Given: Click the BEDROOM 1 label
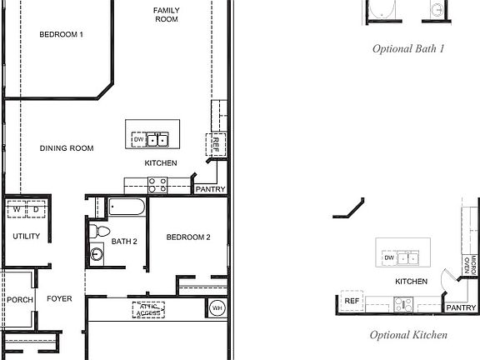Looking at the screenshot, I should [62, 34].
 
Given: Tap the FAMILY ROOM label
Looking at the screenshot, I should [166, 14].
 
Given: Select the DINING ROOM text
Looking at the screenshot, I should [66, 148].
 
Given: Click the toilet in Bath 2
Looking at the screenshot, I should [100, 230].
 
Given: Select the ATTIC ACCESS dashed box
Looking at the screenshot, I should [148, 310].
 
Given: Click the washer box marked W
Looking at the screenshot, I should [16, 209].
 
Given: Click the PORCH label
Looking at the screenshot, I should [19, 298].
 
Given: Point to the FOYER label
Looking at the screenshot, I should [59, 298].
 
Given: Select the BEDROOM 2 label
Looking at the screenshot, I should [187, 237].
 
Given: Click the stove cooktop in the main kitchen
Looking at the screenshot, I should [157, 186].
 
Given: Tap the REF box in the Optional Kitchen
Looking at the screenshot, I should [352, 301].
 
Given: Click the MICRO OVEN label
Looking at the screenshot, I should [469, 265].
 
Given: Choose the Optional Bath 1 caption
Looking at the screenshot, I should [407, 48].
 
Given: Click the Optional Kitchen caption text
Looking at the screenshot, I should [408, 335].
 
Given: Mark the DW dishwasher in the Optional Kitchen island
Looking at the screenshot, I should [388, 258].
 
